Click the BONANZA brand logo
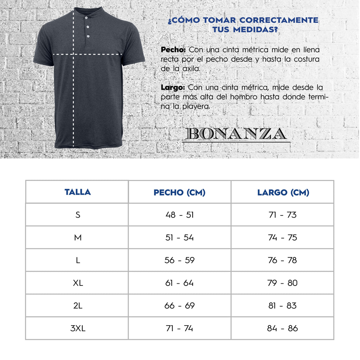coord(236,134)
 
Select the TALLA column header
coord(78,192)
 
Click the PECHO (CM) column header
coord(179,192)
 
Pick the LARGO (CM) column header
coord(283,192)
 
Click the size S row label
coord(78,215)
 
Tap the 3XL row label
coord(78,328)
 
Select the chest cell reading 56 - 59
coord(179,260)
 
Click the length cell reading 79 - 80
coord(282,283)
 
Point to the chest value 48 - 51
coord(179,215)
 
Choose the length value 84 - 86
coord(282,328)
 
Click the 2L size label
coord(78,306)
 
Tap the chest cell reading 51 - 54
coord(179,238)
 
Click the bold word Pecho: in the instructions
coord(173,50)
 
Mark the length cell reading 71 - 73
coord(282,215)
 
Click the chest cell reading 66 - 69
coord(179,306)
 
